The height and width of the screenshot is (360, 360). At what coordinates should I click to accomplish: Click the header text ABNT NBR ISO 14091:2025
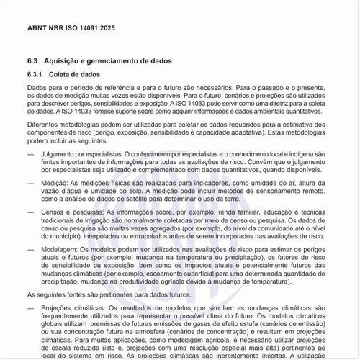pyautogui.click(x=71, y=28)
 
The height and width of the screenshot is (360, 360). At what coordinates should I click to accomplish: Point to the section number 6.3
pyautogui.click(x=33, y=62)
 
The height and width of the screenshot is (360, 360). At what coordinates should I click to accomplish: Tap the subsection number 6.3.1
pyautogui.click(x=36, y=75)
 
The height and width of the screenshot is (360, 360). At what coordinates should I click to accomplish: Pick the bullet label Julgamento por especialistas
pyautogui.click(x=81, y=155)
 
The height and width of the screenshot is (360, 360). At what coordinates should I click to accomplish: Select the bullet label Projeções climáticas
pyautogui.click(x=77, y=309)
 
